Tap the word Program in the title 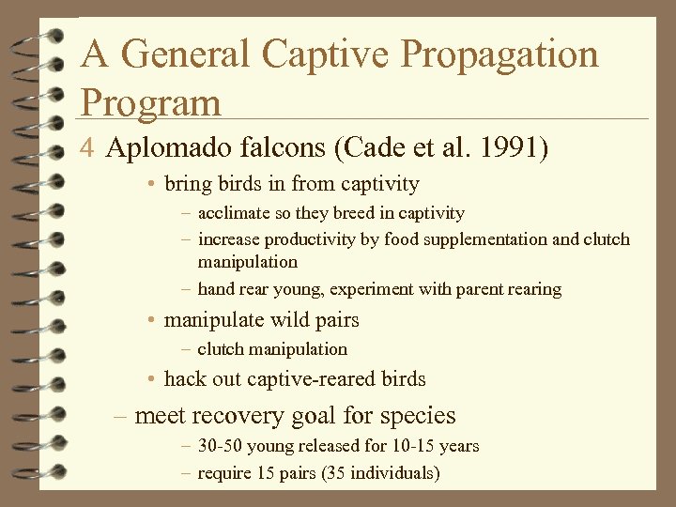(x=151, y=100)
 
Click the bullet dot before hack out (x=151, y=380)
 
